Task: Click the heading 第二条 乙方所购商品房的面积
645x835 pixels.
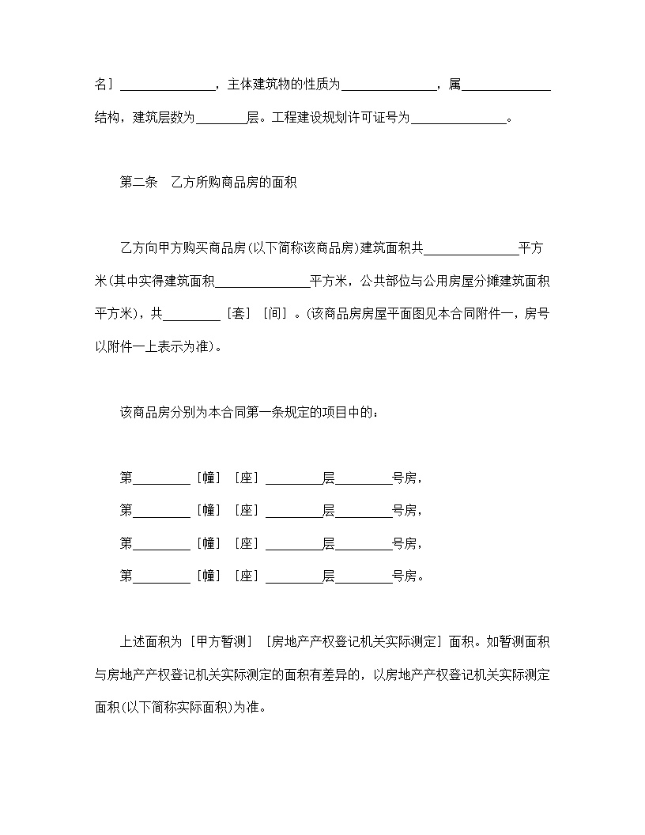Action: [207, 182]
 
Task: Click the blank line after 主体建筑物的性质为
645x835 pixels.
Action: [389, 85]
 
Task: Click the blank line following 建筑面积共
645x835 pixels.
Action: [471, 248]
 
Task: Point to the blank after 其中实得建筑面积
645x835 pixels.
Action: [262, 281]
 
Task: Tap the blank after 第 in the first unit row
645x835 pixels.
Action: [161, 478]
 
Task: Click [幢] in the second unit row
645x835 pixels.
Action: [209, 511]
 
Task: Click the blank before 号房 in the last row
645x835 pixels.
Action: [364, 576]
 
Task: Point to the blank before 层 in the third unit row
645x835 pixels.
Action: [293, 544]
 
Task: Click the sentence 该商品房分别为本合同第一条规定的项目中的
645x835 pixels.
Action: [248, 413]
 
